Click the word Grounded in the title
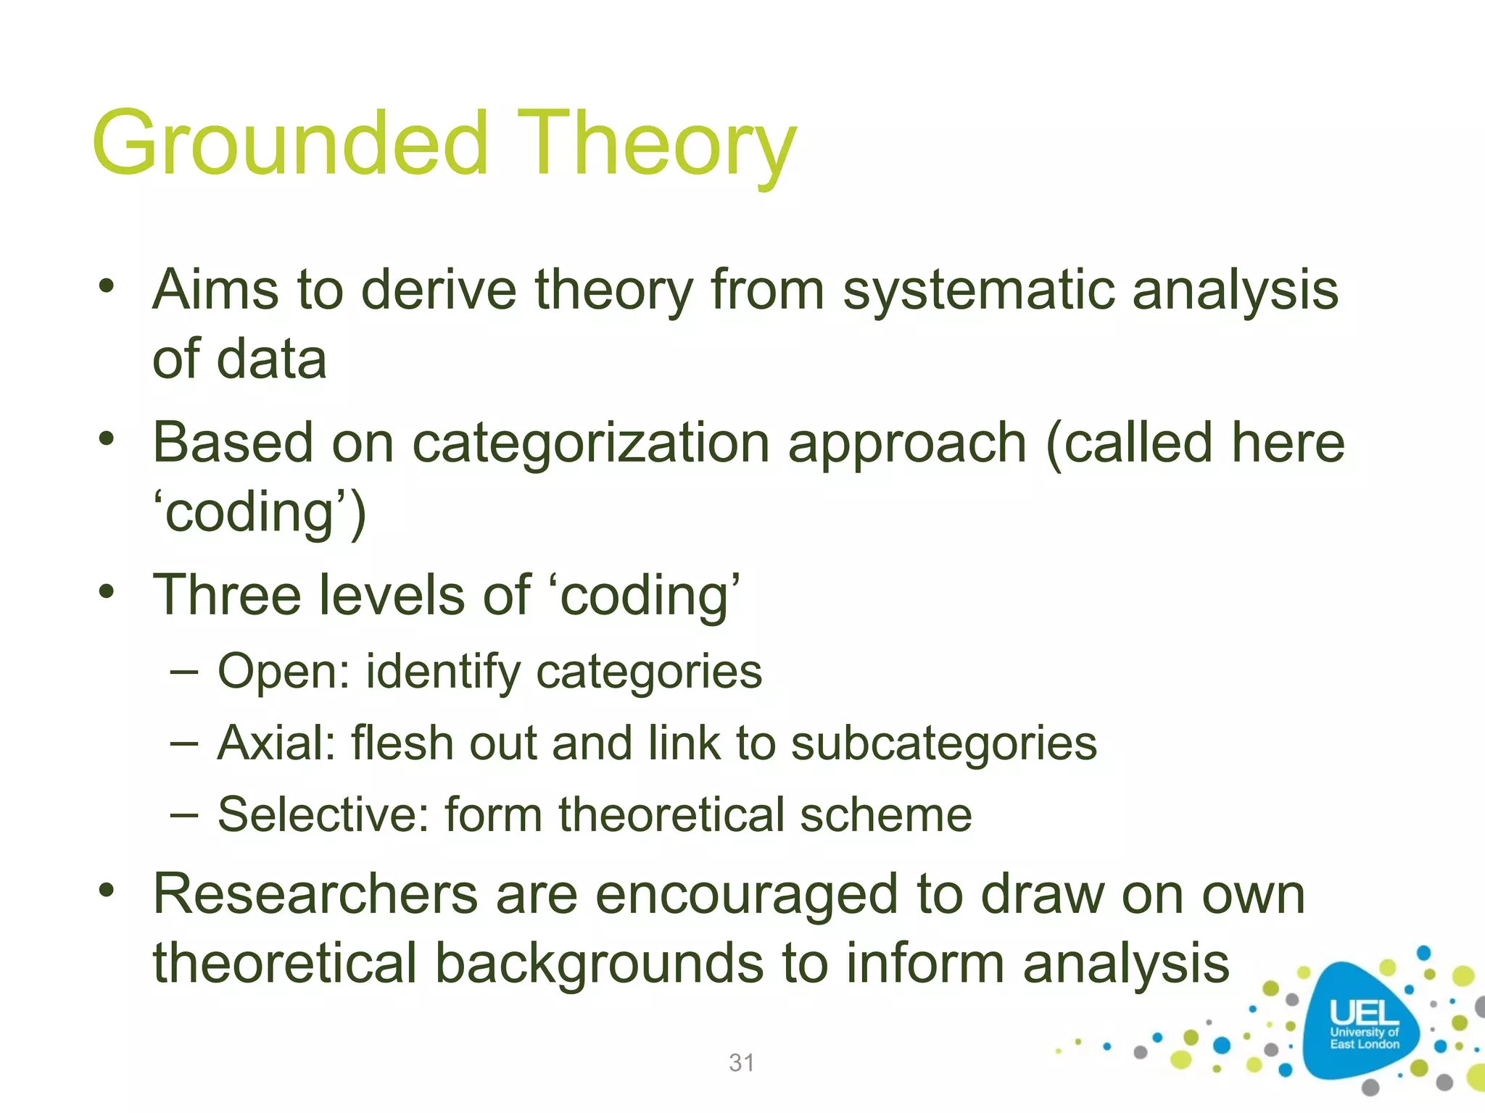pyautogui.click(x=290, y=143)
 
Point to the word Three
pyautogui.click(x=227, y=595)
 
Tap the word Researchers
pyautogui.click(x=315, y=894)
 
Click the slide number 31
pyautogui.click(x=742, y=1063)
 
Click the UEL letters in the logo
pyautogui.click(x=1363, y=1012)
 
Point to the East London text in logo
pyautogui.click(x=1364, y=1044)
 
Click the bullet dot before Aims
pyautogui.click(x=107, y=285)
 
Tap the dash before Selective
pyautogui.click(x=184, y=814)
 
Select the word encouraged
pyautogui.click(x=747, y=896)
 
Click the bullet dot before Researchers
pyautogui.click(x=107, y=889)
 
